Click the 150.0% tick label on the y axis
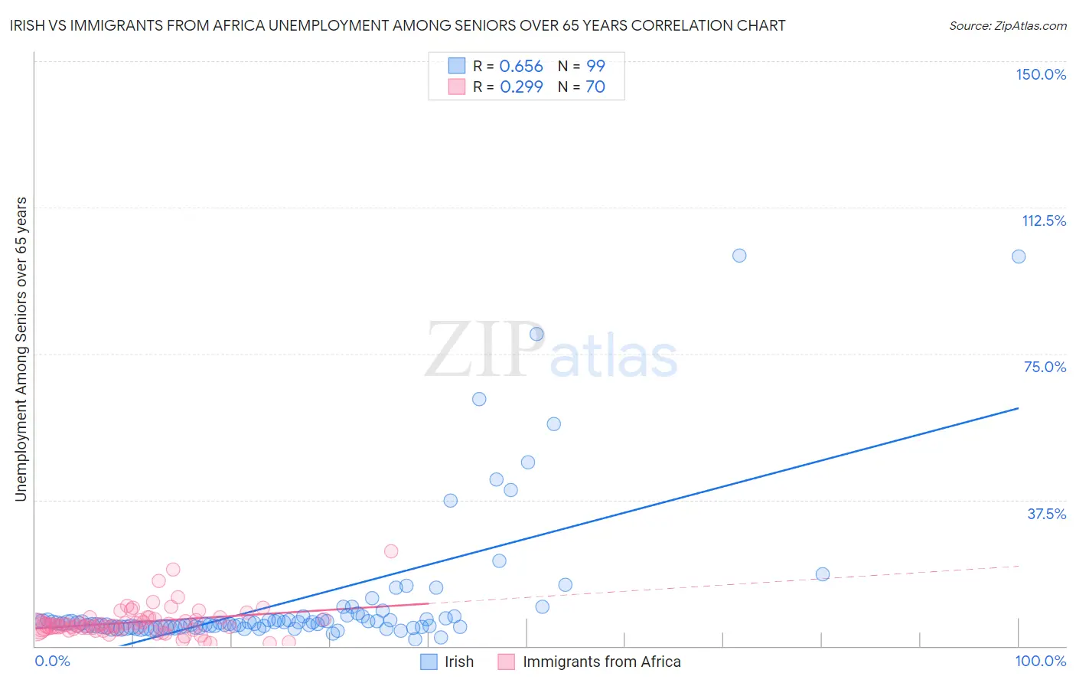click(x=1040, y=74)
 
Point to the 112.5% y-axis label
click(x=1044, y=221)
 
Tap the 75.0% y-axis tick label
click(x=1045, y=367)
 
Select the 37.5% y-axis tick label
click(x=1046, y=514)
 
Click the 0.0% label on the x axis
click(x=52, y=661)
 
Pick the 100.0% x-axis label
click(x=1040, y=661)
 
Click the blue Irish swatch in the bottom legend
click(x=429, y=662)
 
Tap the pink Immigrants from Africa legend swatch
click(x=506, y=662)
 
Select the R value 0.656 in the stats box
click(x=521, y=67)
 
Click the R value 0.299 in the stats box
click(x=521, y=87)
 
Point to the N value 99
click(x=595, y=67)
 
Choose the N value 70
click(x=595, y=87)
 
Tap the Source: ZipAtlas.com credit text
click(x=1007, y=25)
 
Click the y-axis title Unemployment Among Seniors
click(x=21, y=349)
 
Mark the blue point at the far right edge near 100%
click(x=1019, y=257)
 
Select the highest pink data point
click(x=391, y=551)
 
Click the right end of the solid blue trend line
click(x=1018, y=408)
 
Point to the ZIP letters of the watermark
click(x=484, y=350)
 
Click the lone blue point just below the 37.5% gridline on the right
click(x=823, y=574)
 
